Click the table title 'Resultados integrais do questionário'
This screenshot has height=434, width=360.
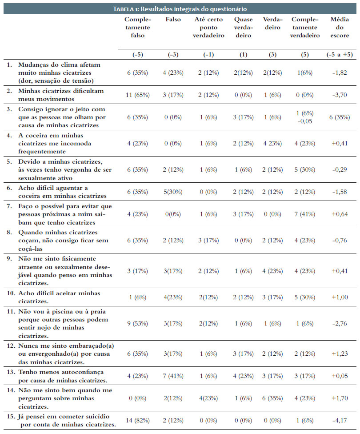pyautogui.click(x=193, y=9)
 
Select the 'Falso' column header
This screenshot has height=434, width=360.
pyautogui.click(x=173, y=20)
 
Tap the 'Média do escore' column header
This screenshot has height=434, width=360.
pyautogui.click(x=340, y=27)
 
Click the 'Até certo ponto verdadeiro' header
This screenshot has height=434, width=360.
pyautogui.click(x=208, y=27)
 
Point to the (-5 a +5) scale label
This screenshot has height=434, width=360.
pyautogui.click(x=340, y=55)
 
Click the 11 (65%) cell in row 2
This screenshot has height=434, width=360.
pyautogui.click(x=137, y=95)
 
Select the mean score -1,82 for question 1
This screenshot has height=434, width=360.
pyautogui.click(x=340, y=73)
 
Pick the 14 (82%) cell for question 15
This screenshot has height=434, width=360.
pyautogui.click(x=137, y=421)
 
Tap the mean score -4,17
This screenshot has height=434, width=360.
pyautogui.click(x=340, y=421)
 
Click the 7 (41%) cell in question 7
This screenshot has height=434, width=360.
pyautogui.click(x=304, y=214)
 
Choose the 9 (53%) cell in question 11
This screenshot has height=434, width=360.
pyautogui.click(x=137, y=324)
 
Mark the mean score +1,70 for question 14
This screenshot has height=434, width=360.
pyautogui.click(x=340, y=398)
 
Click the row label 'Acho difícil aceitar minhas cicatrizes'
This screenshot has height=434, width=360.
pyautogui.click(x=59, y=297)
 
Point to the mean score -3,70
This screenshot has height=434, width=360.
pyautogui.click(x=340, y=95)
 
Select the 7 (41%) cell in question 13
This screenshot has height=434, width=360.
pyautogui.click(x=173, y=376)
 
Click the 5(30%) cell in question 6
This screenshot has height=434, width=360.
pyautogui.click(x=173, y=192)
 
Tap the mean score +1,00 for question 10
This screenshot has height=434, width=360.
pyautogui.click(x=340, y=297)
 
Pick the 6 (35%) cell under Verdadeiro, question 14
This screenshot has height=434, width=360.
pyautogui.click(x=272, y=398)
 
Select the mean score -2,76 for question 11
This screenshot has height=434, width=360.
pyautogui.click(x=340, y=324)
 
